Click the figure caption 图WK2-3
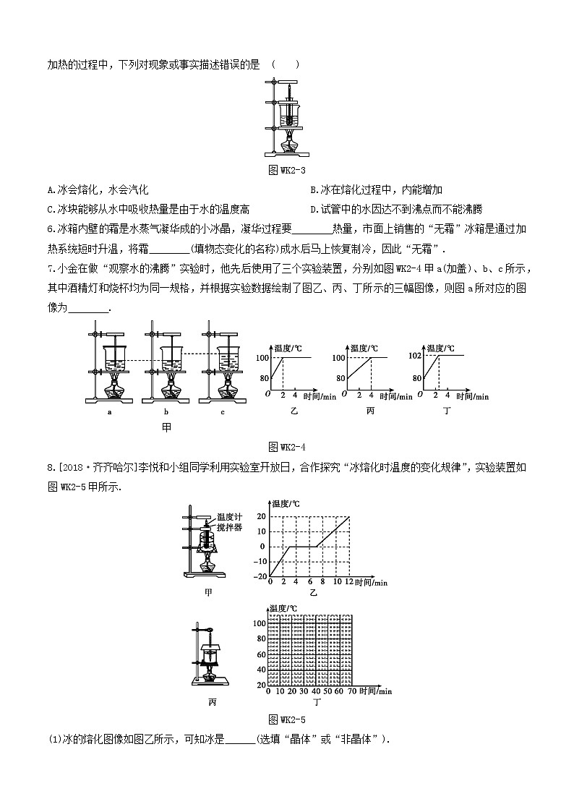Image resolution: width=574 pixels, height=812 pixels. click(x=287, y=171)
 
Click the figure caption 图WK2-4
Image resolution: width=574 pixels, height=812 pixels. click(x=286, y=445)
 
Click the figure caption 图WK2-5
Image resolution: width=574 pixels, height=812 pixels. click(x=286, y=719)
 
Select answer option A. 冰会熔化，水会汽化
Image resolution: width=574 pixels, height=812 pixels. click(x=97, y=189)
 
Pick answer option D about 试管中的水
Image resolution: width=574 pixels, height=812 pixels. click(x=395, y=209)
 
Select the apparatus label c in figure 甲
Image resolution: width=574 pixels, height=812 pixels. click(x=222, y=412)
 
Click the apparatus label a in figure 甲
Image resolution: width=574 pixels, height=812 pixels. click(x=109, y=412)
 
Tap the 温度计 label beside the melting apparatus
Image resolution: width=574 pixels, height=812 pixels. click(x=229, y=518)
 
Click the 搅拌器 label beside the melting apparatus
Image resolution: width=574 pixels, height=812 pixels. click(x=229, y=527)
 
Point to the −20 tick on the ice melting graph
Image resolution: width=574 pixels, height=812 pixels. click(x=260, y=576)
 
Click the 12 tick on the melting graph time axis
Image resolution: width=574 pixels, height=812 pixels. click(x=350, y=582)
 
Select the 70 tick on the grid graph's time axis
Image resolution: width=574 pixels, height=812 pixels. click(x=351, y=691)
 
